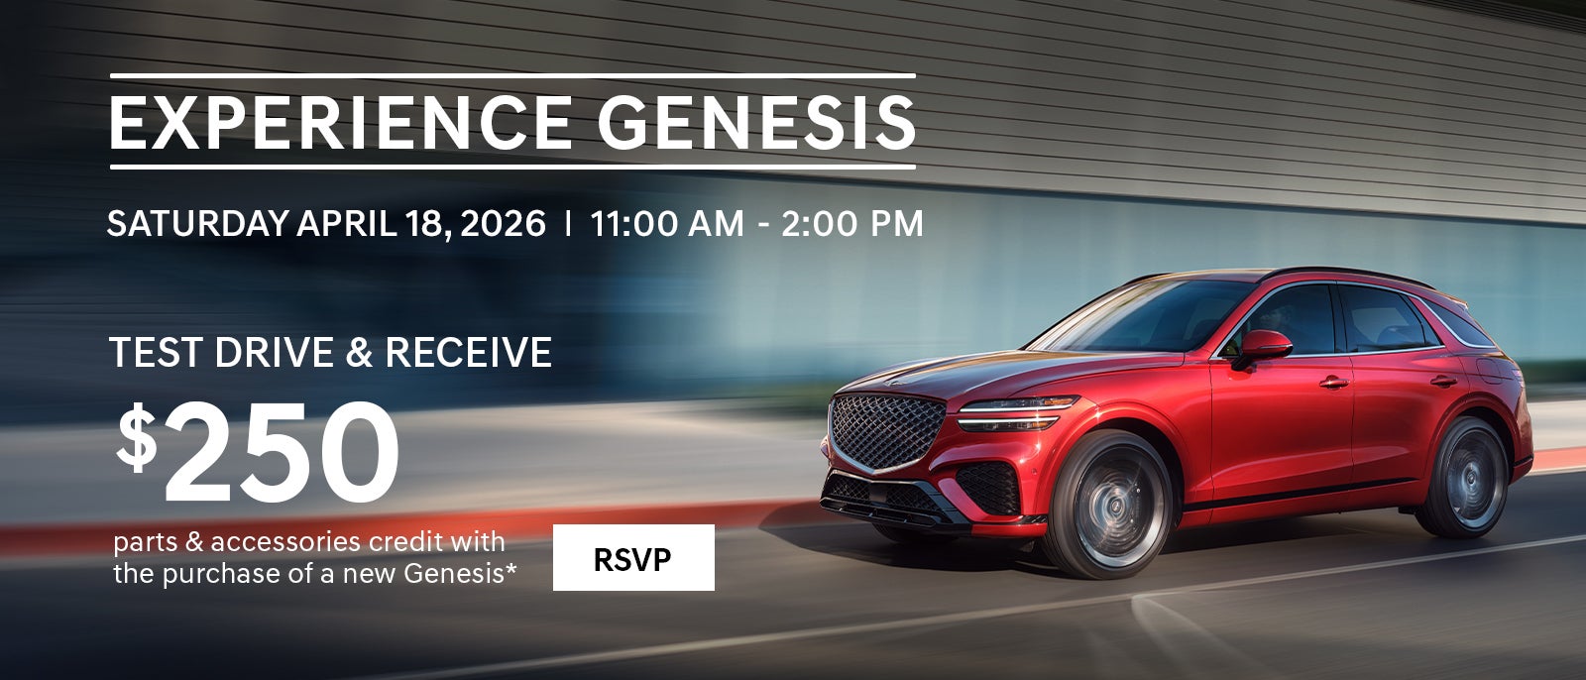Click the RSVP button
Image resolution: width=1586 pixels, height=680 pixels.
(633, 558)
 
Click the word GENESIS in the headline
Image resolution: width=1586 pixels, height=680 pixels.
(755, 123)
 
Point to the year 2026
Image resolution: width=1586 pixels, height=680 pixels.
(504, 224)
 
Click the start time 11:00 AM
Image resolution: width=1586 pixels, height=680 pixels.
(667, 224)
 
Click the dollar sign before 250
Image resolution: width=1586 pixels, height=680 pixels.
(137, 438)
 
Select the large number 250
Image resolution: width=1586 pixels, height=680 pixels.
(282, 452)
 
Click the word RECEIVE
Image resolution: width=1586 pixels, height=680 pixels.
(468, 353)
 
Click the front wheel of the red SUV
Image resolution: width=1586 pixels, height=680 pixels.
(1108, 506)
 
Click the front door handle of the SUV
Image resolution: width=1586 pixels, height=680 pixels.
(1333, 383)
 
